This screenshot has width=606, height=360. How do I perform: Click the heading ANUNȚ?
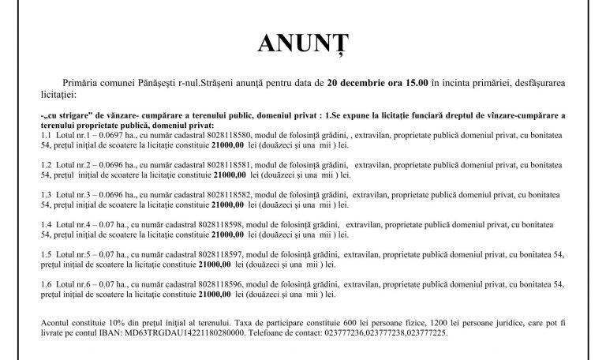point(303,45)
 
